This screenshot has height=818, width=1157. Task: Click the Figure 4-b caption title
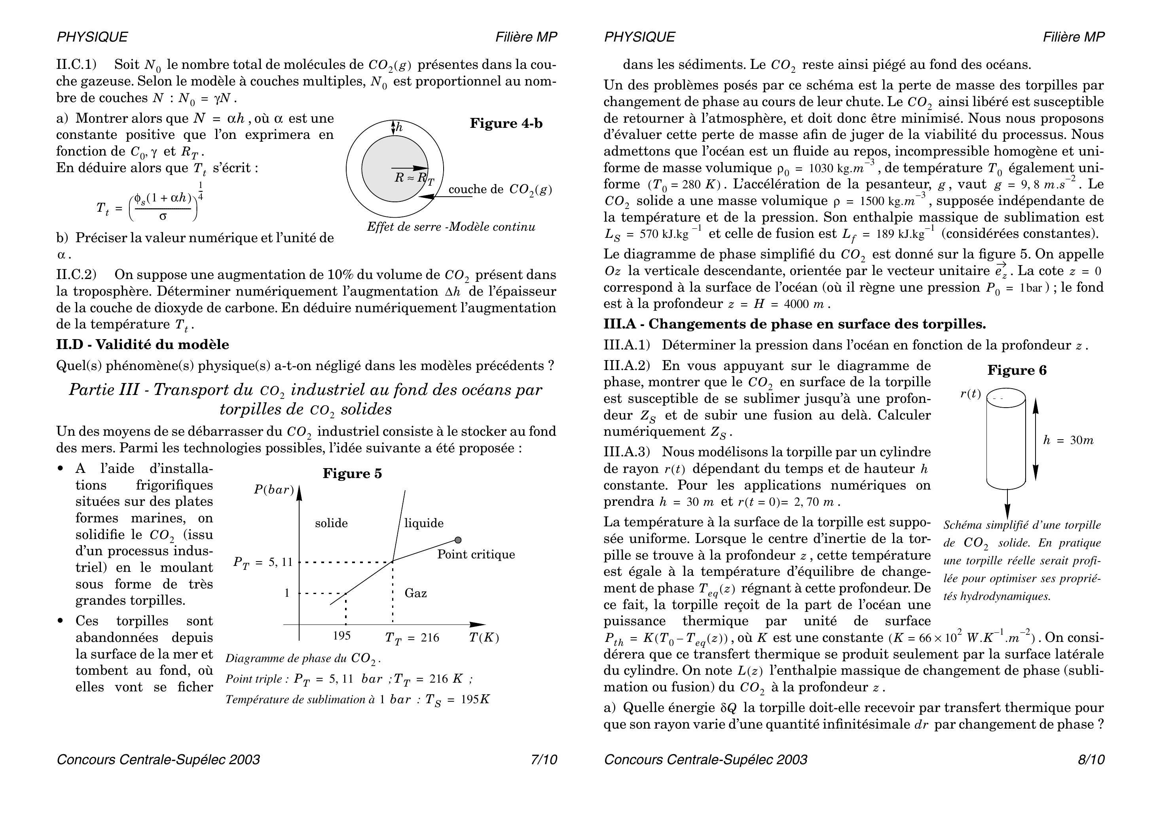pyautogui.click(x=506, y=123)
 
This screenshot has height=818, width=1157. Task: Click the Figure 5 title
pyautogui.click(x=352, y=473)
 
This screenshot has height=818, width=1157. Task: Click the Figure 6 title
pyautogui.click(x=1017, y=370)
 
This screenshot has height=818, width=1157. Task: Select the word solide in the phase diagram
pyautogui.click(x=331, y=523)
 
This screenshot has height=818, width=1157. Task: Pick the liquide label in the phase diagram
pyautogui.click(x=424, y=523)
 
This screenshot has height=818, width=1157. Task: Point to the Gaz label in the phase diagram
pyautogui.click(x=416, y=593)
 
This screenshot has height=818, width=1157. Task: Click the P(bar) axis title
pyautogui.click(x=274, y=490)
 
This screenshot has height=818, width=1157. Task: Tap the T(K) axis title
pyautogui.click(x=484, y=638)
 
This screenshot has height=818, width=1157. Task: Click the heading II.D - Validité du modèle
pyautogui.click(x=142, y=345)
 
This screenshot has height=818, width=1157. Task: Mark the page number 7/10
pyautogui.click(x=544, y=759)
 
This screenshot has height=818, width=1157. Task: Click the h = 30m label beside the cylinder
pyautogui.click(x=1068, y=440)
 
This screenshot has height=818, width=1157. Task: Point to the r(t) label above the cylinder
pyautogui.click(x=971, y=394)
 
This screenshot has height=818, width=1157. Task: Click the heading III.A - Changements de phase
pyautogui.click(x=795, y=324)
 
